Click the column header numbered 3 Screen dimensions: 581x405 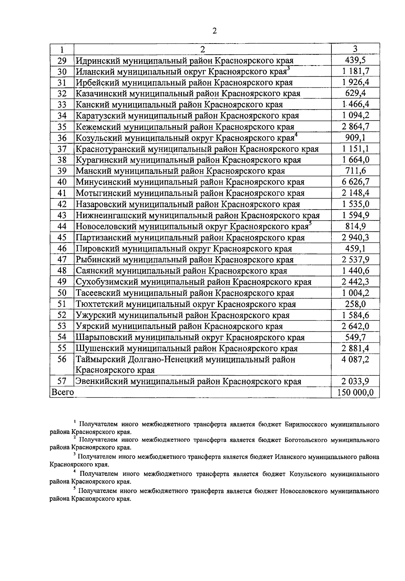tap(355, 49)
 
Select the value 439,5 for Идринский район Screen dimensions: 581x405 tap(355, 60)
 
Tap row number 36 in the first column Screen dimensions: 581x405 tap(62, 138)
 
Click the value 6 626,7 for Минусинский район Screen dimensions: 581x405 tap(355, 182)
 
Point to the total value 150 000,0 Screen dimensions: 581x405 tap(355, 392)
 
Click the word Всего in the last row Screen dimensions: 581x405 tap(62, 392)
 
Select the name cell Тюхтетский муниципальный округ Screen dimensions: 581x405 tap(186, 304)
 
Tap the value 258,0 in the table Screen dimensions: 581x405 tap(355, 304)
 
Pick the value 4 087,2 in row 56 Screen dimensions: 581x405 tap(355, 360)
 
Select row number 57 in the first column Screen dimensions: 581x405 tap(62, 382)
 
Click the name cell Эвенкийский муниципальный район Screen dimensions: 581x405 tap(188, 382)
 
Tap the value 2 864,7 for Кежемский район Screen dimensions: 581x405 tap(355, 127)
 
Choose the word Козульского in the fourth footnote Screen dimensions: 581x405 tap(308, 474)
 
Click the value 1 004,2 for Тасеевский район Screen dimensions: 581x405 tap(355, 293)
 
